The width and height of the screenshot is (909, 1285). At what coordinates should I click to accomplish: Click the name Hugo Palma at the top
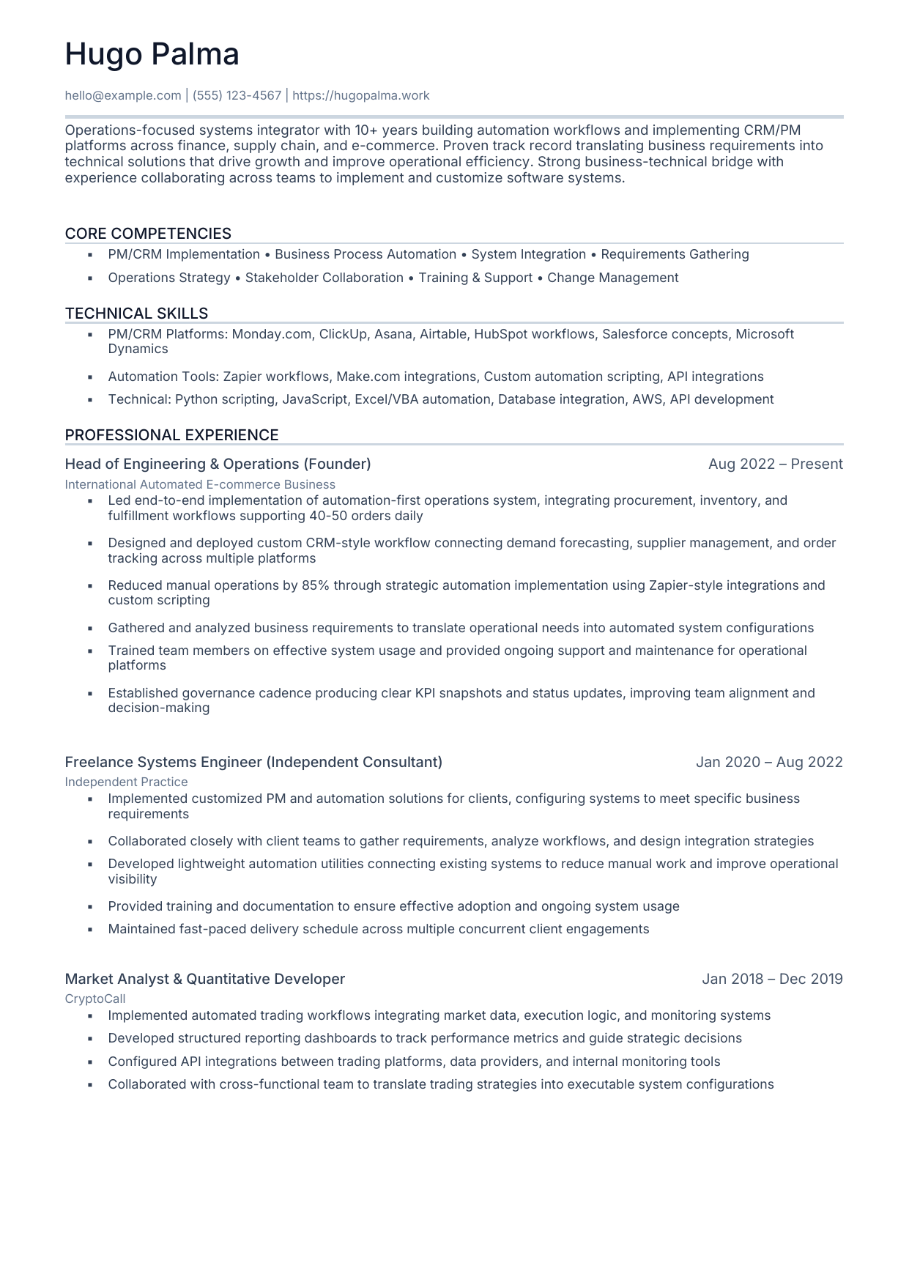click(x=152, y=54)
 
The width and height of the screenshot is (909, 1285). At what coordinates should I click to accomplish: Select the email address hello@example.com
click(x=122, y=95)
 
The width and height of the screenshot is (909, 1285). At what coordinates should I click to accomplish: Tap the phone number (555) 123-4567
click(x=237, y=95)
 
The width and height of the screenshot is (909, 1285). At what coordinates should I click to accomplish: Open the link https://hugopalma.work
click(x=360, y=95)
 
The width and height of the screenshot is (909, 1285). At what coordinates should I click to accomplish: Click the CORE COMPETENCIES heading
click(x=148, y=234)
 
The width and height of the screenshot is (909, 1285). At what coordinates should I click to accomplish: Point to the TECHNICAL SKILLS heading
click(x=136, y=314)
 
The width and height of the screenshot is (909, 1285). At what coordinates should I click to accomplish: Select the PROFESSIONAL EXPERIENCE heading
click(x=171, y=435)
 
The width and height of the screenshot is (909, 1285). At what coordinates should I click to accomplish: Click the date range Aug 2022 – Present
click(x=775, y=464)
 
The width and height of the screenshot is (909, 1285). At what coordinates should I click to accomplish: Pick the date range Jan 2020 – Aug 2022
click(x=769, y=762)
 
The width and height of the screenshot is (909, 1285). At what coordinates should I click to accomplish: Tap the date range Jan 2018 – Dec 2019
click(x=772, y=979)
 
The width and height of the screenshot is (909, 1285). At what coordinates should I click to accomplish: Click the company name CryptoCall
click(x=95, y=999)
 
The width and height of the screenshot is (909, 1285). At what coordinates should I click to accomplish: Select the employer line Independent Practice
click(x=126, y=782)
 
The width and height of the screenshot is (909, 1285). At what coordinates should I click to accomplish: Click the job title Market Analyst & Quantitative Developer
click(x=204, y=979)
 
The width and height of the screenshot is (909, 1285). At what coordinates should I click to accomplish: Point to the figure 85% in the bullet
click(x=314, y=585)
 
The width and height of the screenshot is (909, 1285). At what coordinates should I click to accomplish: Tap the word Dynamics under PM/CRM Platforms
click(x=138, y=349)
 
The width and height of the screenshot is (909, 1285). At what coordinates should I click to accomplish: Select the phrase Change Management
click(x=612, y=278)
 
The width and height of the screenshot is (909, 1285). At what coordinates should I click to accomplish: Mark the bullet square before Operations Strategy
click(x=90, y=278)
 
